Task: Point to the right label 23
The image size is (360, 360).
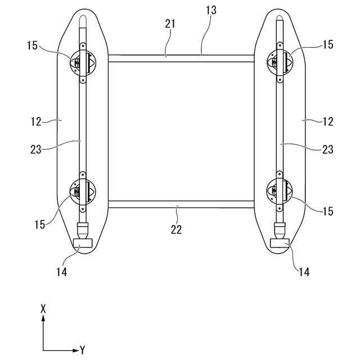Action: point(327,149)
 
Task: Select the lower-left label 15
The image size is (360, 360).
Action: point(39,224)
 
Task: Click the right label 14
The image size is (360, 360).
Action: point(304,271)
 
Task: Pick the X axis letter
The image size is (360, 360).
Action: point(43,308)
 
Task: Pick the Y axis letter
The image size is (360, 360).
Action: point(83,350)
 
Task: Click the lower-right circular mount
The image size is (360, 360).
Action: point(280,191)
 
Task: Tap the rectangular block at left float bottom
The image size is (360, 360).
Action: point(83,242)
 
